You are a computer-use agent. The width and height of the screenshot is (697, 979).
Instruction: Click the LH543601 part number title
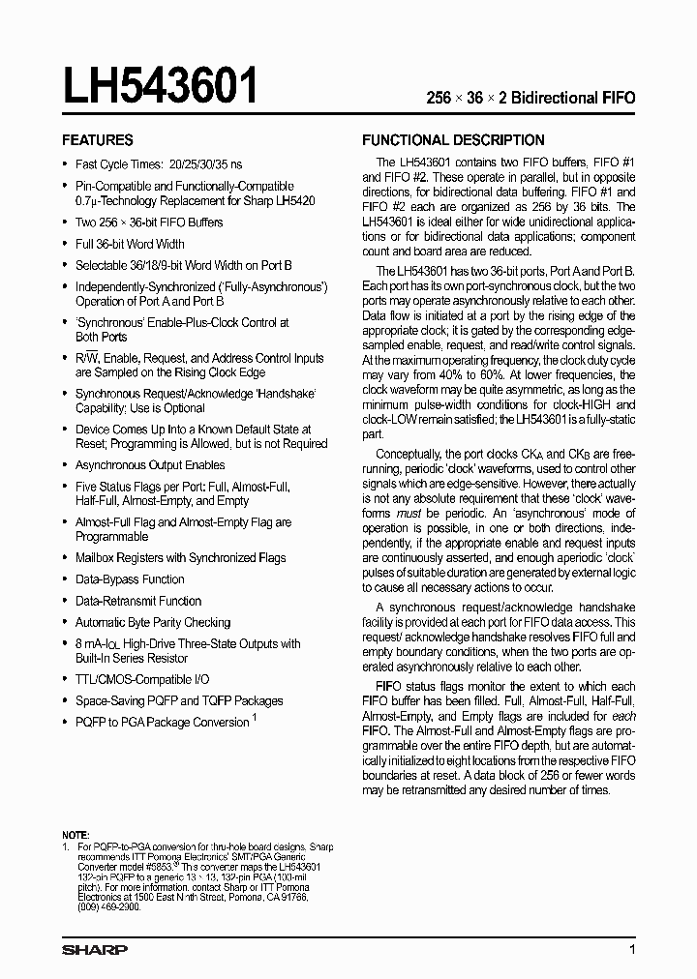161,86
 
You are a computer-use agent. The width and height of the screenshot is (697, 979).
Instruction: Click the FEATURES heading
98,139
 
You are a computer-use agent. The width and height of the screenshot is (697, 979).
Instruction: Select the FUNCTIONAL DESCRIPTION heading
453,139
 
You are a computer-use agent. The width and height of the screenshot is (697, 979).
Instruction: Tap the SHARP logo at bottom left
95,950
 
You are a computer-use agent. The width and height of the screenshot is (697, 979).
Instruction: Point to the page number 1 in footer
631,950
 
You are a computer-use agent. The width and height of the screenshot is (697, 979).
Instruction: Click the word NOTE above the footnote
76,834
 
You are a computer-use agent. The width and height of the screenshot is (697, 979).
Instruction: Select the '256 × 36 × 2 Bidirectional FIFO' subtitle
531,98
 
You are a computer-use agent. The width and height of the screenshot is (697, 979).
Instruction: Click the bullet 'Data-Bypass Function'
130,579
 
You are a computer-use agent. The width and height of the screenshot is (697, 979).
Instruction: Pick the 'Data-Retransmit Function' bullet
138,601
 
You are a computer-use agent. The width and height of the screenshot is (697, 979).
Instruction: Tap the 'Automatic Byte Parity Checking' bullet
153,622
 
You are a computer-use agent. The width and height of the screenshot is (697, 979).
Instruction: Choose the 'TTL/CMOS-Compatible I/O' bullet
142,680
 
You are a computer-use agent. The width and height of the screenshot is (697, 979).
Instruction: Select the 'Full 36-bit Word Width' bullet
130,244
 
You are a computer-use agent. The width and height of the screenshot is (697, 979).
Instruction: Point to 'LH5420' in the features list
294,200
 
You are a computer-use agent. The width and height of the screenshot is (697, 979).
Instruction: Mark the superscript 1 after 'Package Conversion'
255,718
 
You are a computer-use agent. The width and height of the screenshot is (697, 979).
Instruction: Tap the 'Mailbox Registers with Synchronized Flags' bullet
180,558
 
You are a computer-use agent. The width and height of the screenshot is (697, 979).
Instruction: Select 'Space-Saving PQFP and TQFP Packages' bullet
179,700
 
